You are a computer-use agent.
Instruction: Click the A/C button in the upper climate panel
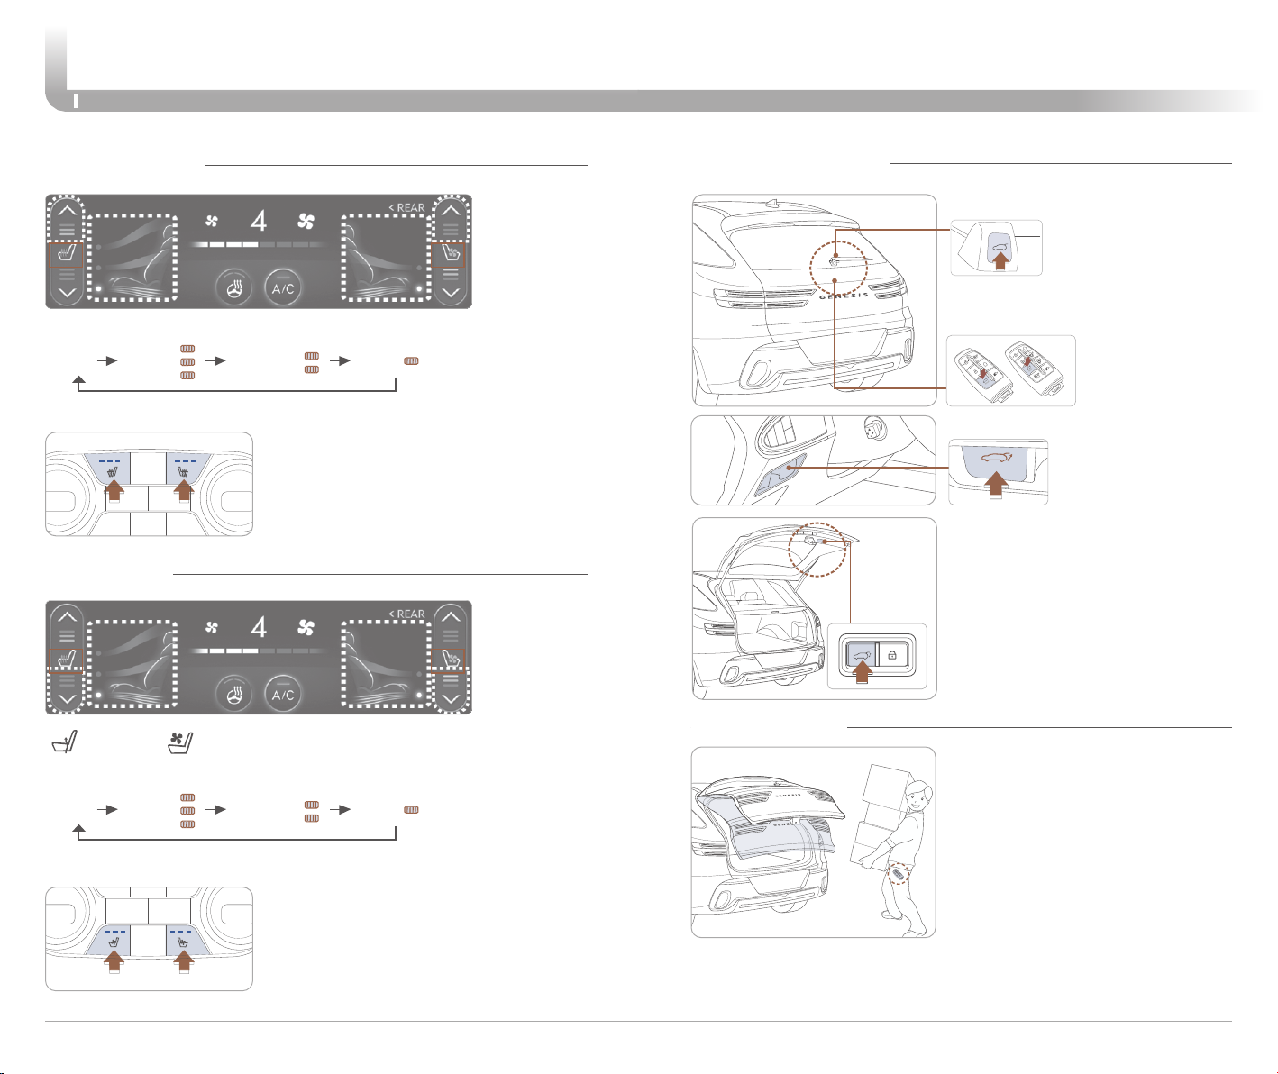click(282, 287)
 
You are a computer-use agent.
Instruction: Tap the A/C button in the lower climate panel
click(282, 694)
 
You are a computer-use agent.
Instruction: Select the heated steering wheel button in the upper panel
click(233, 287)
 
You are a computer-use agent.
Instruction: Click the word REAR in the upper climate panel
click(411, 207)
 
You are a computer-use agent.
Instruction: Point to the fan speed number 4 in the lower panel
click(259, 627)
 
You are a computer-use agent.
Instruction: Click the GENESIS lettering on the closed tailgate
click(844, 296)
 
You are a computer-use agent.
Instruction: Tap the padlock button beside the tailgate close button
click(892, 655)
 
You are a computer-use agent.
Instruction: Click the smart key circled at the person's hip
click(898, 874)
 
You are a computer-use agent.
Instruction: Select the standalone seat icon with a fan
click(180, 743)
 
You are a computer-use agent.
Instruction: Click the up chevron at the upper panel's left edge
click(67, 211)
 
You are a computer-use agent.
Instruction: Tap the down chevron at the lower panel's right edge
click(451, 699)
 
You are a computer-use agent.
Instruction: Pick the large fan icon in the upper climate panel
click(306, 221)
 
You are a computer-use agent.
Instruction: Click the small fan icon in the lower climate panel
click(212, 627)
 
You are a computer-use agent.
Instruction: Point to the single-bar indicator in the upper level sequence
click(411, 361)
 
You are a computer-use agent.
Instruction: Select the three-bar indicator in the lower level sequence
click(187, 810)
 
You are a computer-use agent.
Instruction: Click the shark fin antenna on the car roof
click(775, 203)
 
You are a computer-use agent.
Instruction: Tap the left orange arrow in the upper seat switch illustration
click(114, 491)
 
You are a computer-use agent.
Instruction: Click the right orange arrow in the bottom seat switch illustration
click(184, 960)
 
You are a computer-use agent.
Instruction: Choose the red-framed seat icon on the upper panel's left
click(66, 255)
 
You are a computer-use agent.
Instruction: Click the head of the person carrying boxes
click(918, 796)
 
